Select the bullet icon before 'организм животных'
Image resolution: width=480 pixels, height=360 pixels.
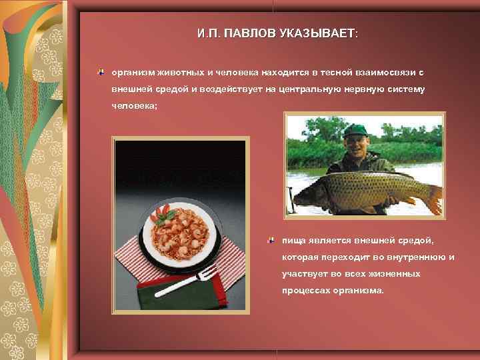point(100,70)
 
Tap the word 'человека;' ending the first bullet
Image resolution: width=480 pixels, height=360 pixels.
point(135,106)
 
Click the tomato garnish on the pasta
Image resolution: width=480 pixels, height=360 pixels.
point(162,212)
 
